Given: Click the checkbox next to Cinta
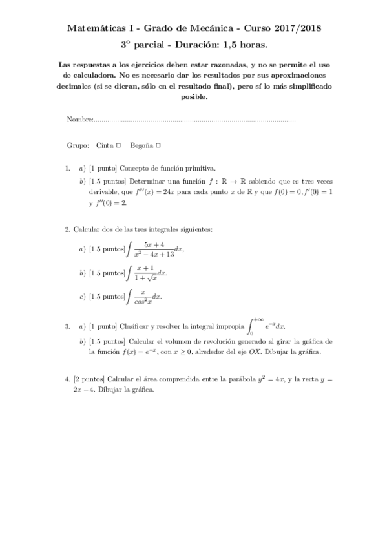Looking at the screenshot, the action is point(119,145).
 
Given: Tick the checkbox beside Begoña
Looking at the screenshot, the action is point(158,145).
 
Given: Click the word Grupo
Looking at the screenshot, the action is point(78,145).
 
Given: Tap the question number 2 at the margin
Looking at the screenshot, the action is point(67,229).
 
